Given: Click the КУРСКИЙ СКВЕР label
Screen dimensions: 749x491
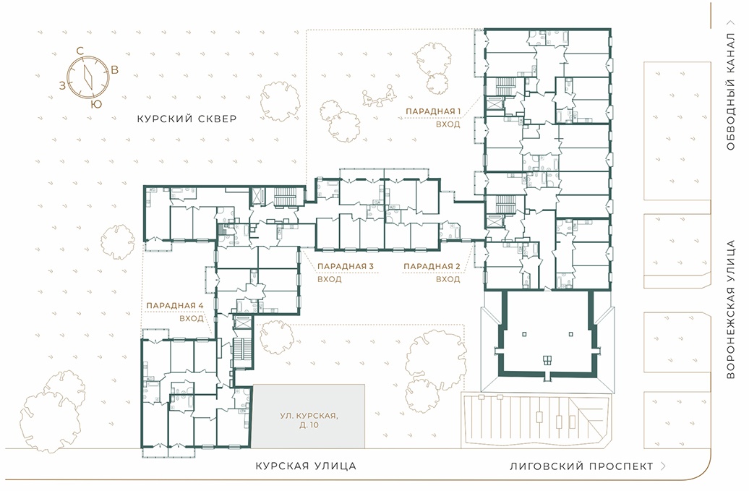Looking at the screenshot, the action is [x=187, y=119].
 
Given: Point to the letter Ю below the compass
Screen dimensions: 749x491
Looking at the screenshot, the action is [x=96, y=104].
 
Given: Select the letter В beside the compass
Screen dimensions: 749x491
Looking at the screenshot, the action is [x=115, y=69].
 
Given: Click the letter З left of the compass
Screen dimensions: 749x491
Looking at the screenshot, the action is [x=62, y=86].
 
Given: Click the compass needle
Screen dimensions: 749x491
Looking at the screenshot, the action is [x=88, y=77].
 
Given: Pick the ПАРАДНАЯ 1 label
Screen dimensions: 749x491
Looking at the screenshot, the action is [x=433, y=111].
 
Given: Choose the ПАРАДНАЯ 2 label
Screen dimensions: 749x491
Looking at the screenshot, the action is [x=432, y=266].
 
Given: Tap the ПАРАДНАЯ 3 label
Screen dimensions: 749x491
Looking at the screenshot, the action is [x=346, y=266].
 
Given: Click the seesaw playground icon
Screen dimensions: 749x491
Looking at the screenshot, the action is [x=380, y=95].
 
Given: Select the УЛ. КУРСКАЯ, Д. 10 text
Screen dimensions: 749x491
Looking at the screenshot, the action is [x=309, y=420].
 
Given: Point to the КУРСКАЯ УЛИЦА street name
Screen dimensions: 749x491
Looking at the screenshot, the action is [x=306, y=466].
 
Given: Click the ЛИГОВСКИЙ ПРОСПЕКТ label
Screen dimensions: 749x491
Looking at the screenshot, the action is [x=581, y=466].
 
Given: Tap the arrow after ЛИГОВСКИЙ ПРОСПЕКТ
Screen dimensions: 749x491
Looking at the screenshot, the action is [x=663, y=466].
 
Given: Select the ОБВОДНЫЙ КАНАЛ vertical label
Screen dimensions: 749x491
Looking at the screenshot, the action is [x=730, y=92].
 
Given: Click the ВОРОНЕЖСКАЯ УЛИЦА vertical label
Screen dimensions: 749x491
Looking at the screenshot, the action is [x=730, y=309].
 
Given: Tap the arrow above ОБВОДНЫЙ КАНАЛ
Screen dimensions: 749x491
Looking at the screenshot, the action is [x=730, y=22].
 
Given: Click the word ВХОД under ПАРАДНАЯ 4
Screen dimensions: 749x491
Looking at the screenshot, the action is [x=192, y=318].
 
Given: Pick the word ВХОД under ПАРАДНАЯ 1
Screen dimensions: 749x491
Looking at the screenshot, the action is [x=448, y=124].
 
